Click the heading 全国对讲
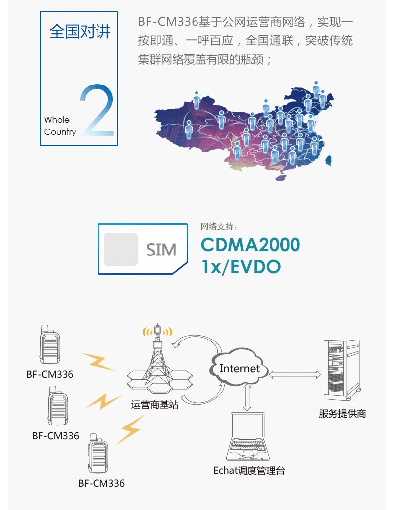[80, 31]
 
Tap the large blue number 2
[98, 110]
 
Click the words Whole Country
[60, 126]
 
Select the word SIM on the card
[161, 249]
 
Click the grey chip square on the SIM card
[120, 249]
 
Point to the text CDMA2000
[250, 245]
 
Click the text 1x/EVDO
[241, 266]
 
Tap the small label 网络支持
[216, 227]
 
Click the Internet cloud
[240, 369]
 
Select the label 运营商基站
[155, 405]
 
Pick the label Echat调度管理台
[249, 470]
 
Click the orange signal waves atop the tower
[157, 331]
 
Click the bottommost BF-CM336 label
[101, 483]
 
